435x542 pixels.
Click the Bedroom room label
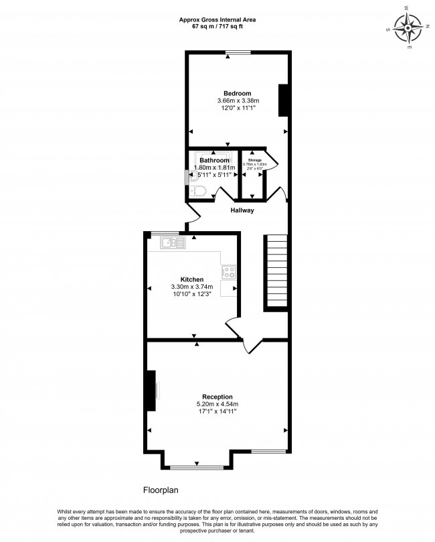pos(237,93)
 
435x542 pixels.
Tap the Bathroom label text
pos(213,161)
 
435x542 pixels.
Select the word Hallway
pos(242,210)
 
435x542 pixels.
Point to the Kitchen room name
pos(192,279)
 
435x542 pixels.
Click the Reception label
pos(217,397)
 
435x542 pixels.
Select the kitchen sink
pos(173,243)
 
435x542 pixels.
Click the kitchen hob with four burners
pos(229,273)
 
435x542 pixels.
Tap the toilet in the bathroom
pos(197,192)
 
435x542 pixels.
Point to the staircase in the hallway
pos(276,271)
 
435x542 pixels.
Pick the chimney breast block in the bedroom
pos(283,100)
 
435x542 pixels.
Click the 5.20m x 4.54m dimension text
pos(217,404)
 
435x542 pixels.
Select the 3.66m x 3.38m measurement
pos(237,100)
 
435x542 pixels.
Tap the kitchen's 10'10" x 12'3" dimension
pos(192,294)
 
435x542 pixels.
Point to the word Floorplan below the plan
pos(161,490)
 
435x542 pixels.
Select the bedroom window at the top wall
pos(237,52)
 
